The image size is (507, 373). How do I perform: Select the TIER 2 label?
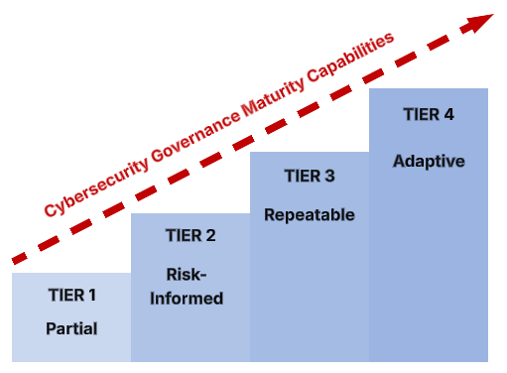(x=190, y=236)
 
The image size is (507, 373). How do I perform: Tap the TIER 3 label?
(x=310, y=177)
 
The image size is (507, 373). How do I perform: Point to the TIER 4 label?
(x=429, y=114)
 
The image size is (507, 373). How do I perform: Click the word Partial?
(x=71, y=328)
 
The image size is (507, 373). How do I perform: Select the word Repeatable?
(x=310, y=213)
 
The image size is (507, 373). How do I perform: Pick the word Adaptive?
(x=429, y=160)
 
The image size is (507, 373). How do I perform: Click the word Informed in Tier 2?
(x=190, y=298)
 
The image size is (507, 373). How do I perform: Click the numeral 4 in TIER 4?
(x=448, y=114)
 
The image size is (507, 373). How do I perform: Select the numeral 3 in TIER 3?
(x=329, y=177)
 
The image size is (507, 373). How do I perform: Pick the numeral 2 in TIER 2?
(x=210, y=236)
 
